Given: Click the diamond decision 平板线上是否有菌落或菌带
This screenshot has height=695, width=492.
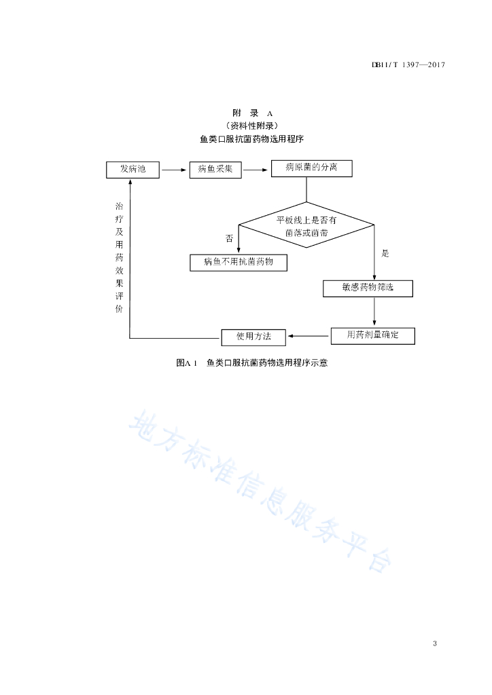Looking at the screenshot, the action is pyautogui.click(x=306, y=225).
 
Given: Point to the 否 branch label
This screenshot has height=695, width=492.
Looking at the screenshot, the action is pyautogui.click(x=230, y=238).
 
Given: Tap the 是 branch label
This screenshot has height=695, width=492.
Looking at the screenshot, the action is pyautogui.click(x=385, y=254).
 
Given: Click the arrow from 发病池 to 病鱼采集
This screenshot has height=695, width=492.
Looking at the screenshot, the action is pyautogui.click(x=174, y=170).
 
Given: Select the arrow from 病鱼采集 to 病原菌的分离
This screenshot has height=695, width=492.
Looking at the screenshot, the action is pyautogui.click(x=256, y=170).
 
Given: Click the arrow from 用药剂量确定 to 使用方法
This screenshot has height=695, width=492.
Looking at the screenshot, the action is pyautogui.click(x=309, y=336).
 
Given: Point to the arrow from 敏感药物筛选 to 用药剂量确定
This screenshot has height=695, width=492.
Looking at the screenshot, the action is pyautogui.click(x=374, y=312).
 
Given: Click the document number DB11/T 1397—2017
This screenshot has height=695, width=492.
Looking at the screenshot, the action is pyautogui.click(x=408, y=64).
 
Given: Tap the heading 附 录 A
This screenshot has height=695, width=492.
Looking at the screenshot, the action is pyautogui.click(x=252, y=113).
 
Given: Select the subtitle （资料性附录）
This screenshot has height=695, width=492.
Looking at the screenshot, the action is pyautogui.click(x=252, y=126).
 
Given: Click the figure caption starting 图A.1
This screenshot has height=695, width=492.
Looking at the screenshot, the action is pyautogui.click(x=252, y=363).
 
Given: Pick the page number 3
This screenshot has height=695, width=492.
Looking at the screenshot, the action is pyautogui.click(x=435, y=643).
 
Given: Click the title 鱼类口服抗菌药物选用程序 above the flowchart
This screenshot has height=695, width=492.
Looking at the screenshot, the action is pyautogui.click(x=252, y=139).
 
